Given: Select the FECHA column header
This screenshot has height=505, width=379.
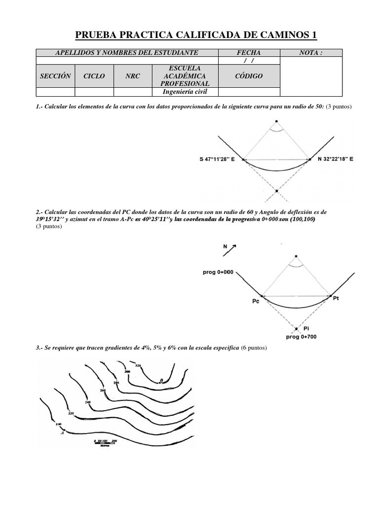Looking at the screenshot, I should click(x=249, y=53).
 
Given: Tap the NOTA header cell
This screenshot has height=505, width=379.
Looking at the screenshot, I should click(x=311, y=53).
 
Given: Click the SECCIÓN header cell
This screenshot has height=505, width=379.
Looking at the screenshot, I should click(x=55, y=76).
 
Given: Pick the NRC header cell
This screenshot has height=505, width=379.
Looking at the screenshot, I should click(x=132, y=76).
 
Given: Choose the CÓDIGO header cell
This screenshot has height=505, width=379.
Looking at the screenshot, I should click(x=249, y=76).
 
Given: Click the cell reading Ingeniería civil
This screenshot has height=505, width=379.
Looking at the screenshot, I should click(x=185, y=92).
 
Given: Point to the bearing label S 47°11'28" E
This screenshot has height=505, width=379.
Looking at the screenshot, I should click(x=217, y=159).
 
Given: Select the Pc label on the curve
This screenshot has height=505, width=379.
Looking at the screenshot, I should click(x=256, y=300).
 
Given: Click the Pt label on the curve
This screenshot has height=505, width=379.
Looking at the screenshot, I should click(x=337, y=298).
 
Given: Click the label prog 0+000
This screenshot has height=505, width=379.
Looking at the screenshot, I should click(x=218, y=272).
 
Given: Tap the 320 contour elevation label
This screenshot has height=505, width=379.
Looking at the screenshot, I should click(x=138, y=365).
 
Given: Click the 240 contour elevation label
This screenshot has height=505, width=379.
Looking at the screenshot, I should click(x=88, y=402).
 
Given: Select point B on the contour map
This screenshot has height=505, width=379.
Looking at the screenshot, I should click(x=161, y=380).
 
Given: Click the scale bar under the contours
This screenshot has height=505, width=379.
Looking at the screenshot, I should click(x=105, y=443).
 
